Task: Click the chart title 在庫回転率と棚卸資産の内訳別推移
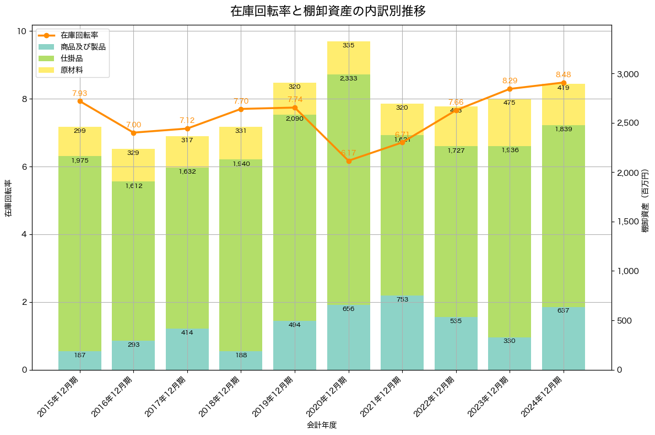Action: point(328,11)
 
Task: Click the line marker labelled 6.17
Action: point(349,161)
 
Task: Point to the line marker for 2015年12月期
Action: point(80,101)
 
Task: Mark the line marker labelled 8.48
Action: point(564,83)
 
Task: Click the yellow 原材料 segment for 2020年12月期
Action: point(349,58)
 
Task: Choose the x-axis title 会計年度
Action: point(322,425)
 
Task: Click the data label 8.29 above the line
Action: point(510,80)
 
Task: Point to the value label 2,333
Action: point(349,78)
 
